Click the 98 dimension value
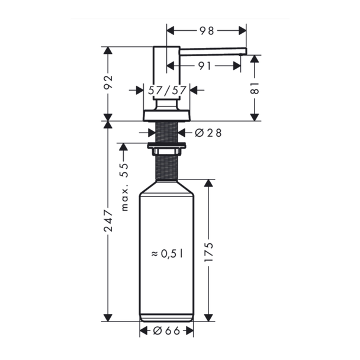click(x=207, y=31)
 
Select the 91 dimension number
click(x=204, y=66)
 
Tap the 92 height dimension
click(x=108, y=82)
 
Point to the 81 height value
click(x=255, y=88)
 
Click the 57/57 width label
click(x=167, y=90)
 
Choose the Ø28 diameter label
click(x=208, y=133)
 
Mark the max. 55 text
click(x=124, y=187)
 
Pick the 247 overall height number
click(x=108, y=220)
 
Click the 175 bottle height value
click(x=208, y=252)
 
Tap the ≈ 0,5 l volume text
click(x=167, y=253)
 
